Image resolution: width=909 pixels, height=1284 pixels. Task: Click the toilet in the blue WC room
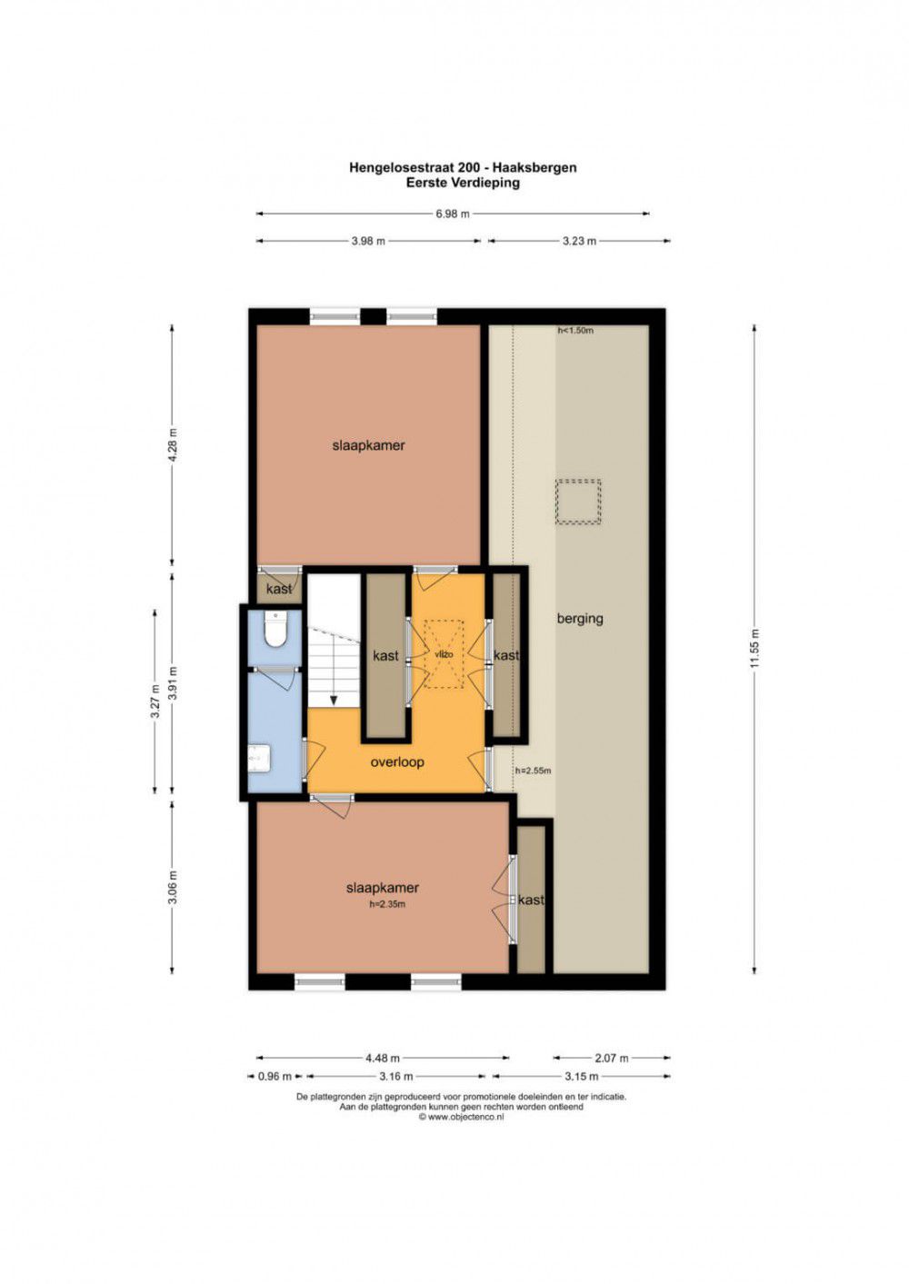coord(275,629)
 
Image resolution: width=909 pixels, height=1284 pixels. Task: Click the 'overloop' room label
coord(397,761)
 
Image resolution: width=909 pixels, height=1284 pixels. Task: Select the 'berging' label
coord(580,619)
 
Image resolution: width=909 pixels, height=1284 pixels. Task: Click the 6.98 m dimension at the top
coord(453,214)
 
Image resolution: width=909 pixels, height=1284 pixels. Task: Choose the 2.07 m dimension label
coord(612,1058)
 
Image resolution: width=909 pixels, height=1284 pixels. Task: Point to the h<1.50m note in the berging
coord(575,330)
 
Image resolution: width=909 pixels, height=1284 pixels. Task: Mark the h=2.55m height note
coord(533,771)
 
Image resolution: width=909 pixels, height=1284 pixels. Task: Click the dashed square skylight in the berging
coord(577,502)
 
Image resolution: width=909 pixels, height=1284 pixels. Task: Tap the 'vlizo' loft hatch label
coord(444,654)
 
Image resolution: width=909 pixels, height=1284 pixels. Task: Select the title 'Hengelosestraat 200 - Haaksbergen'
coord(463,167)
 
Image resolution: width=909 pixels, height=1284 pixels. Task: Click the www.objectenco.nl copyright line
coord(462,1117)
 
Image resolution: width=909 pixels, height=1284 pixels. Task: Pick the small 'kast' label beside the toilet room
coord(279,588)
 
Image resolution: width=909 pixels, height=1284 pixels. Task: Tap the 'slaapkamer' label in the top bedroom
coord(368,445)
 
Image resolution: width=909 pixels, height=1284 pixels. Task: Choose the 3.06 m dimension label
coord(174,888)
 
